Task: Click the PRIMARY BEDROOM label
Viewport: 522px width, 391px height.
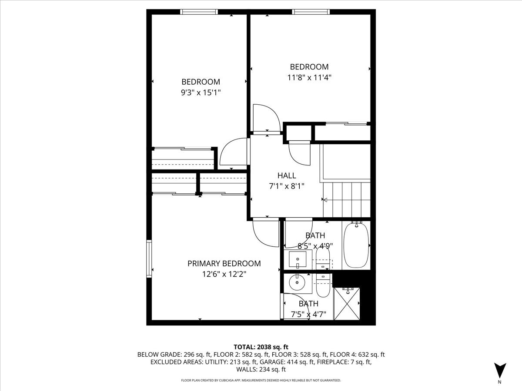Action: click(224, 263)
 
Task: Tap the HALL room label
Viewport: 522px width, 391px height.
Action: click(287, 176)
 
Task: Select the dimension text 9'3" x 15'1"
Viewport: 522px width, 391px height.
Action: click(201, 93)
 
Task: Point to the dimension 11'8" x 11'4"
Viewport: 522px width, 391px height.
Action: click(309, 78)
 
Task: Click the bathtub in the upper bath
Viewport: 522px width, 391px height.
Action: click(356, 245)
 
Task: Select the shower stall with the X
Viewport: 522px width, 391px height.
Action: click(347, 303)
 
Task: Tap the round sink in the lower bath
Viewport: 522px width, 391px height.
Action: click(298, 284)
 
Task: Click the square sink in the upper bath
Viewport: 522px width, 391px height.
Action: click(298, 259)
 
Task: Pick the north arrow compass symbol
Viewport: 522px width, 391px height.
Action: click(500, 371)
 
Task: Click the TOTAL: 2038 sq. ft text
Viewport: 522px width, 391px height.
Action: click(261, 347)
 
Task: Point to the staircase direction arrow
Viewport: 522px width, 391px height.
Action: click(324, 200)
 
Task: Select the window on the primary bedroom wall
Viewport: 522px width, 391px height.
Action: click(149, 258)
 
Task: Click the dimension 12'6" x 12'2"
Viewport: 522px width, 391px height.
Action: click(224, 274)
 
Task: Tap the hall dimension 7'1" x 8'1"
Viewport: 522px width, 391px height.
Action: click(287, 186)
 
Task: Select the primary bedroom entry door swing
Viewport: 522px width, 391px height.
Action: click(264, 232)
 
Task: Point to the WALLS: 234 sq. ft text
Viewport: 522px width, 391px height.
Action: click(261, 369)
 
